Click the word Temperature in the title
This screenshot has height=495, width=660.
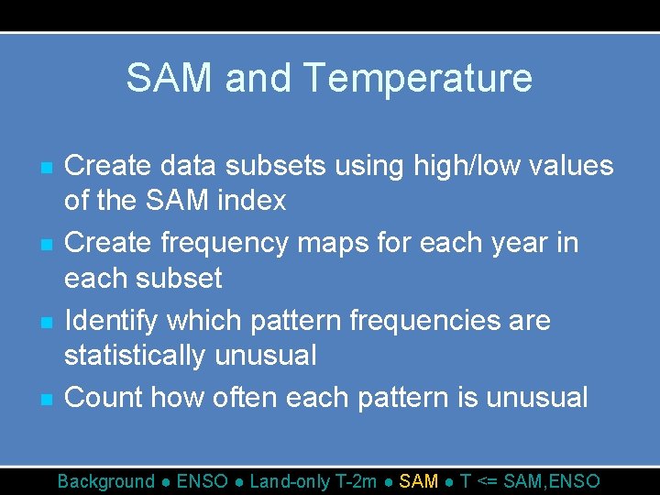tap(417, 79)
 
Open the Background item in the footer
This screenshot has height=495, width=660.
tap(106, 481)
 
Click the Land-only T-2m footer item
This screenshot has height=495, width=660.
tap(314, 481)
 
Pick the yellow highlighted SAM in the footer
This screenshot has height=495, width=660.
tap(420, 481)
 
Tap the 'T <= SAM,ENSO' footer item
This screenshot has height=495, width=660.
tap(530, 481)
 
